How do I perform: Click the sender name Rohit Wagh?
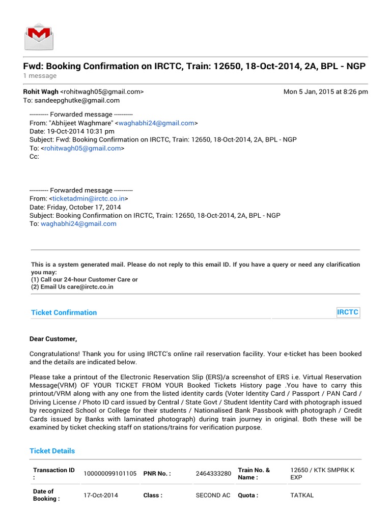click(41, 92)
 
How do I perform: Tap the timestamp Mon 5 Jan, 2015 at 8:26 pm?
click(325, 92)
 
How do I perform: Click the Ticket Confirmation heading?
click(64, 312)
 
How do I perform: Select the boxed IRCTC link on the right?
click(348, 312)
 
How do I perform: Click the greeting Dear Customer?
click(53, 339)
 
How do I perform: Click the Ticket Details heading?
click(52, 451)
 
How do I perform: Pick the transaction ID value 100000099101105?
click(110, 474)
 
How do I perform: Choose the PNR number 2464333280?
click(213, 474)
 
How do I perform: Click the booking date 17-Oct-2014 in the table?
click(101, 495)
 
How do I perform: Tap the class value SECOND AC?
click(213, 495)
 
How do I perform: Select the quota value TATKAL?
click(302, 495)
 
